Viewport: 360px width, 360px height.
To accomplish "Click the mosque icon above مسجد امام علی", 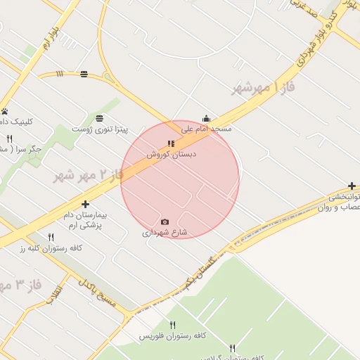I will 206,119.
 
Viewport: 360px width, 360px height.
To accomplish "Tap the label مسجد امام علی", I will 206,129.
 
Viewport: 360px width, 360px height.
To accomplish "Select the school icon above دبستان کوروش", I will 172,143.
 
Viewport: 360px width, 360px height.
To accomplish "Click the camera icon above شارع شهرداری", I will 165,222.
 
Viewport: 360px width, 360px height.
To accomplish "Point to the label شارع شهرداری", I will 165,232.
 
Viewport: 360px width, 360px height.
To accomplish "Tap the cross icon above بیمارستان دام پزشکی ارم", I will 86,204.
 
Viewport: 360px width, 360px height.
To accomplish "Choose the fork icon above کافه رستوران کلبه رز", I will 51,238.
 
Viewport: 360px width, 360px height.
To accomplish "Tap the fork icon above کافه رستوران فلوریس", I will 172,326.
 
